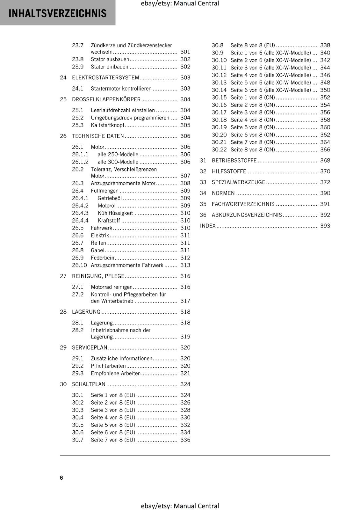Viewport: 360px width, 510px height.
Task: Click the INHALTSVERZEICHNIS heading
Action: point(57,13)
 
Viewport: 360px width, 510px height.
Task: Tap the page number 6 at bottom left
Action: point(61,477)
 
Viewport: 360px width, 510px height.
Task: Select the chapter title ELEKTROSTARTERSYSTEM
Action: point(105,78)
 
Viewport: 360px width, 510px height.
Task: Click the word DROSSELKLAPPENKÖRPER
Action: point(106,99)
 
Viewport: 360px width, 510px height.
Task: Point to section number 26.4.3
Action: point(80,213)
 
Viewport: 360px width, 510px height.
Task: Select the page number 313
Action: point(185,265)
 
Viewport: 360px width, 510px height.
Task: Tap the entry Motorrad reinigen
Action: point(112,287)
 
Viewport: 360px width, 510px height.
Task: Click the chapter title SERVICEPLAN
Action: point(90,347)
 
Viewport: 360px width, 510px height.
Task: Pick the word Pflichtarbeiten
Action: point(108,366)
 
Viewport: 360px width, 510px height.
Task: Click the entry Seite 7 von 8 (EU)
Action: point(113,440)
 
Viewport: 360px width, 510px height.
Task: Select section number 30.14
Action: point(219,90)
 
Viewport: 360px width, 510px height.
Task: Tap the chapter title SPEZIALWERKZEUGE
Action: point(238,182)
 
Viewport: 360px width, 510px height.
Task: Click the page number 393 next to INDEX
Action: point(325,226)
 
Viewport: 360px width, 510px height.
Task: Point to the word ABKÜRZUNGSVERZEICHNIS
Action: point(247,215)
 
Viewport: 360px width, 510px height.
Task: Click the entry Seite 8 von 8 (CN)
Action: point(253,150)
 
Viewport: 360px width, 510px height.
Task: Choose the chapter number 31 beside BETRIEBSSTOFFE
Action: point(203,161)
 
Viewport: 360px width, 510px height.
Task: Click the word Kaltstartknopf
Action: point(107,125)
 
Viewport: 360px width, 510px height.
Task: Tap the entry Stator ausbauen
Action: point(110,59)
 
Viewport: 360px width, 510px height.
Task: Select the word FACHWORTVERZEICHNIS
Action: point(243,204)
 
